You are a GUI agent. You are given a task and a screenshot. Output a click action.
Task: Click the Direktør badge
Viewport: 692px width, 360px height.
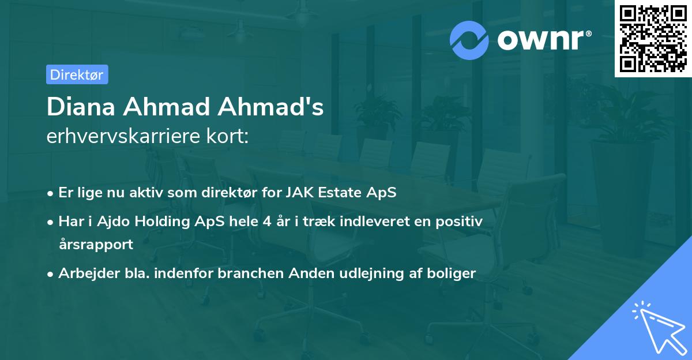77,74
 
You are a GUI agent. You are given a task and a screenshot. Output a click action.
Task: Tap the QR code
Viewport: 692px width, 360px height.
653,38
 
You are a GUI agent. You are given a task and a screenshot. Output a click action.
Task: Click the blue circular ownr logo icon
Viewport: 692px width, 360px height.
469,40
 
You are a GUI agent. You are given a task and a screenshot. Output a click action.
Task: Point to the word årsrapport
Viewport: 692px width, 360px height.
96,244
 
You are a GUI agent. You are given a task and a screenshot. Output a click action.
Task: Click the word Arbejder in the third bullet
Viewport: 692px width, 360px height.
84,273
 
